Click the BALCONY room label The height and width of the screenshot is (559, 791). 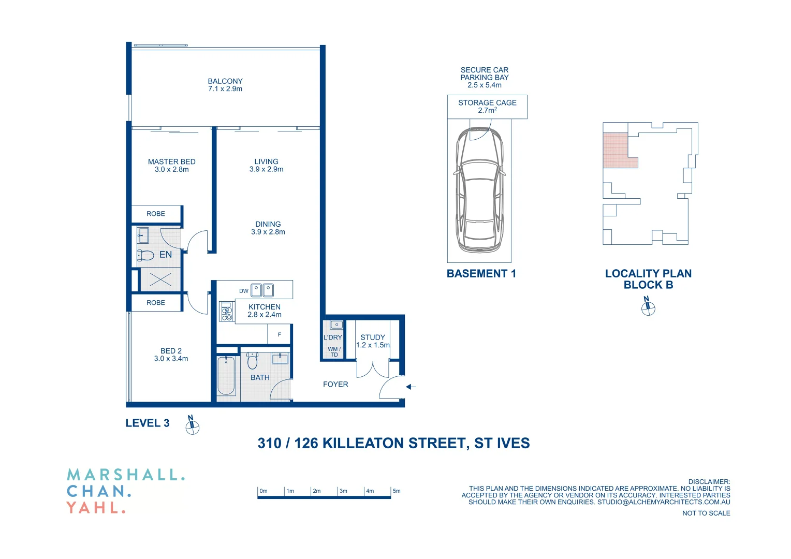pos(225,85)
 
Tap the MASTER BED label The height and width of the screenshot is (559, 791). pos(171,165)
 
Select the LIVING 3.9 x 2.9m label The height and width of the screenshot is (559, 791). pos(266,165)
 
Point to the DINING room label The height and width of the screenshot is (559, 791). pos(268,228)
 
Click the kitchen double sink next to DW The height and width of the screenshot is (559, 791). pos(262,290)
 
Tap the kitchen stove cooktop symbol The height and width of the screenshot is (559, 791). pos(226,312)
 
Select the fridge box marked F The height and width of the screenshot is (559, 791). pos(279,334)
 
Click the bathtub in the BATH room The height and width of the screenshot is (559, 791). pos(226,375)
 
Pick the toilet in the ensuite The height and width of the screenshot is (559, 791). pos(145,255)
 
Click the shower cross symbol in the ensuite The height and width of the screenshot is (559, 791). pos(160,280)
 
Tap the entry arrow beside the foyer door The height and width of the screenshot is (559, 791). pos(411,387)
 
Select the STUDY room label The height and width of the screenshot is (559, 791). pos(373,341)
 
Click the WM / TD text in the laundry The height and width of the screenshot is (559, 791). pos(334,352)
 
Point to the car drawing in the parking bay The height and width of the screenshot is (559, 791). pos(479,190)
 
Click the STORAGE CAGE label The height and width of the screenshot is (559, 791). pos(487,106)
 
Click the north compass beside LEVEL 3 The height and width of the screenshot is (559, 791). pos(192,425)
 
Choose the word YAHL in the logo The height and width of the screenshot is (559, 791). pos(96,508)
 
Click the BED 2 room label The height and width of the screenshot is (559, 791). pos(171,355)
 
